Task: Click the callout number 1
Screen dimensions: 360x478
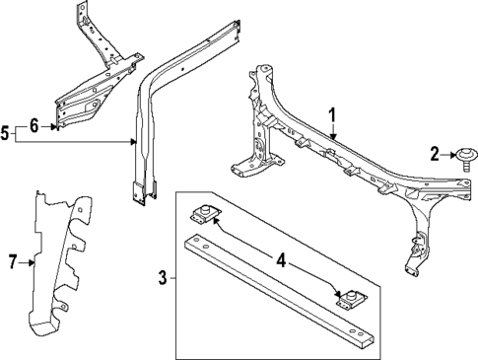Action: click(333, 114)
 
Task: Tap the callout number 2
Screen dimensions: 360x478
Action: click(435, 152)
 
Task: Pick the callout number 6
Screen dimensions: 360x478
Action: click(34, 125)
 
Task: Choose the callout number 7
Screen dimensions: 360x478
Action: click(13, 261)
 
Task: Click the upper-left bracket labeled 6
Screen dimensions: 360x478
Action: click(94, 79)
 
